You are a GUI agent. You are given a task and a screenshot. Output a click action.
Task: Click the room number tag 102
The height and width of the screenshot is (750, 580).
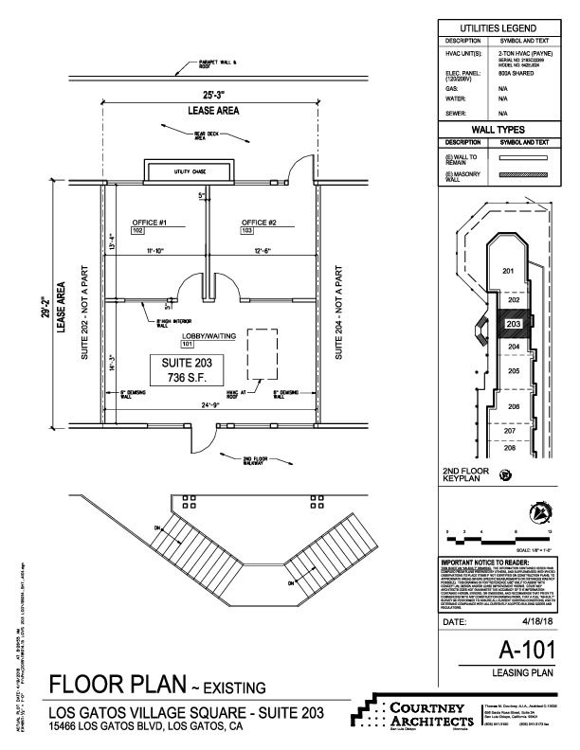(x=137, y=231)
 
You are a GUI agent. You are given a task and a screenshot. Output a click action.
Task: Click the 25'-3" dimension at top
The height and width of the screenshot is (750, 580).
(x=212, y=95)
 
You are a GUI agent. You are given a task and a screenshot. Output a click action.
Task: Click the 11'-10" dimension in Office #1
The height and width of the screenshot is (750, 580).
(x=154, y=251)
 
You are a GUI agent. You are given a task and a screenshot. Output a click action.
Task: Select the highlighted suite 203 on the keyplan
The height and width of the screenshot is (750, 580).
(x=513, y=324)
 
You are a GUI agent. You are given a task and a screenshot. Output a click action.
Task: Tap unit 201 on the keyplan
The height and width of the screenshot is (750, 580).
(x=508, y=272)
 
